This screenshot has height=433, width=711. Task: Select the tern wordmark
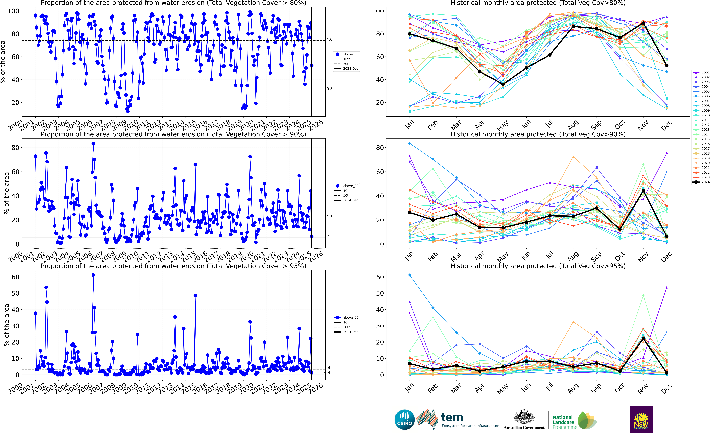[452, 417]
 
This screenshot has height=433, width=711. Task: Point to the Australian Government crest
[524, 417]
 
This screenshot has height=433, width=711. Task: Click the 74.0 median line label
[328, 39]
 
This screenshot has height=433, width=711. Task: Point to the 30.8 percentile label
[328, 89]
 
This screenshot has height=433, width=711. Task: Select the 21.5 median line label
[328, 217]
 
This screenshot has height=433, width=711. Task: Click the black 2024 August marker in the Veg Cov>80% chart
[573, 27]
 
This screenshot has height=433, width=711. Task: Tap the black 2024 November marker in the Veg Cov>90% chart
[643, 191]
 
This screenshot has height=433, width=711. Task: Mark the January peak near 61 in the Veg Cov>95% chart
[409, 275]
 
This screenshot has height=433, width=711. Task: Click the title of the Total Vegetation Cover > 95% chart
[173, 266]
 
